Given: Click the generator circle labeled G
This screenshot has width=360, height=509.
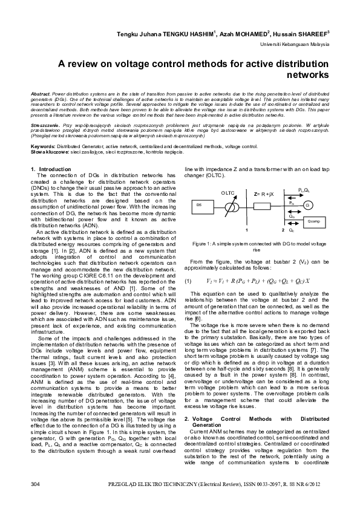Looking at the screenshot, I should point(307,206).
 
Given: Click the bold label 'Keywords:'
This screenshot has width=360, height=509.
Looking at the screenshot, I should point(42,146).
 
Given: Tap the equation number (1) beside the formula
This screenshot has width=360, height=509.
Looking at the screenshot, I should point(188,264).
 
